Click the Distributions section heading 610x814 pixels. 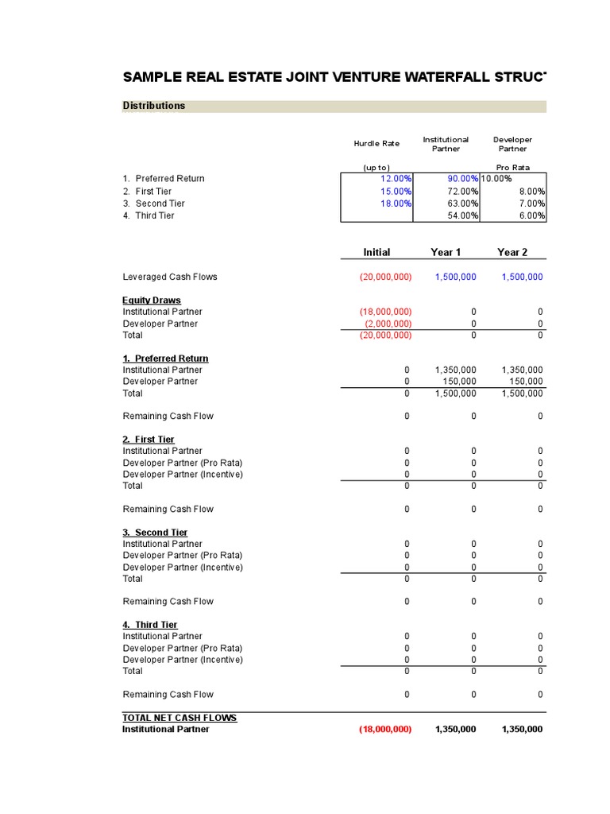(154, 106)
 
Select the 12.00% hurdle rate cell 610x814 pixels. (396, 179)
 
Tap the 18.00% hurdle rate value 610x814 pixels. (396, 203)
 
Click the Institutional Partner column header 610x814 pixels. (446, 144)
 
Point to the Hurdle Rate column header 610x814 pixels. (376, 144)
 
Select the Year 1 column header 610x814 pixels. (446, 252)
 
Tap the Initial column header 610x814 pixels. (376, 252)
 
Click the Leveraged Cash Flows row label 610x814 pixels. (170, 277)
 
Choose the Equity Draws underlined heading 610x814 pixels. (152, 300)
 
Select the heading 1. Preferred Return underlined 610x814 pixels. (165, 359)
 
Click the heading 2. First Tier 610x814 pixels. (149, 440)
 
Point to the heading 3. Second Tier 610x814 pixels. (155, 533)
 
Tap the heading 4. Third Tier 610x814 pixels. (150, 625)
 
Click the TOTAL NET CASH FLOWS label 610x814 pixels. (180, 718)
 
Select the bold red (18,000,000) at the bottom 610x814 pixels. (384, 730)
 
